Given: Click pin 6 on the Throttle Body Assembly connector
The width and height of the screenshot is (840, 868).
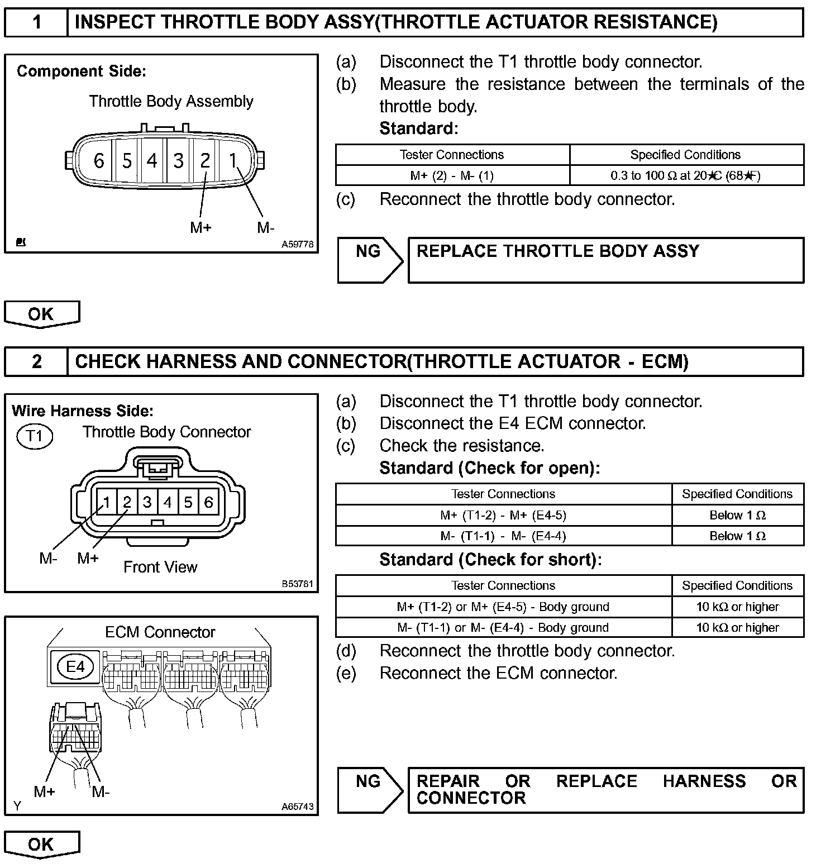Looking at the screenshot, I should click(99, 161).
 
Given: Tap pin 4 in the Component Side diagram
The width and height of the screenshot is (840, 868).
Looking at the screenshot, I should click(152, 161).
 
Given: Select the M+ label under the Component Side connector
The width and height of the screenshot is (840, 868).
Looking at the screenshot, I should click(201, 227).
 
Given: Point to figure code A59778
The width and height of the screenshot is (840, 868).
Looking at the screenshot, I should click(297, 244).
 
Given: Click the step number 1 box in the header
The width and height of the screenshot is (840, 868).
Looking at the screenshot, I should click(36, 22).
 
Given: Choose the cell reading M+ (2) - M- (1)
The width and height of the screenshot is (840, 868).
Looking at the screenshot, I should click(452, 175).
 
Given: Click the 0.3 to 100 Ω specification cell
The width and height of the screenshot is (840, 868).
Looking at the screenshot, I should click(686, 175).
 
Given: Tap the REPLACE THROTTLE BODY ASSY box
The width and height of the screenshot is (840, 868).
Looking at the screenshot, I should click(605, 260).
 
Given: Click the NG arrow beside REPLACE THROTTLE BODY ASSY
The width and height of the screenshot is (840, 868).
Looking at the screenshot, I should click(369, 260).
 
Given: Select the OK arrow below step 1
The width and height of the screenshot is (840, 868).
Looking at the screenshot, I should click(42, 314).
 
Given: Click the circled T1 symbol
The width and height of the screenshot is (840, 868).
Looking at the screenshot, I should click(35, 435).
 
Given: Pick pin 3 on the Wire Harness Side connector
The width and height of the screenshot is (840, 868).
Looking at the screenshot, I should click(147, 502).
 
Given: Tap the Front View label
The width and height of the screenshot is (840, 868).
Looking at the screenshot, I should click(160, 567).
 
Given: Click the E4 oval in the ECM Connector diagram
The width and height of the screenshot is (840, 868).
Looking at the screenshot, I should click(75, 666).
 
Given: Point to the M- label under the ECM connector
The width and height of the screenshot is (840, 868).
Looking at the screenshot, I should click(101, 791).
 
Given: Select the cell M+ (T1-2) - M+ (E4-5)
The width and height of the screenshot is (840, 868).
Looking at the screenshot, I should click(503, 515).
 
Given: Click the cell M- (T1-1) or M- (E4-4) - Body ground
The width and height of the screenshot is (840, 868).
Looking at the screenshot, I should click(503, 627).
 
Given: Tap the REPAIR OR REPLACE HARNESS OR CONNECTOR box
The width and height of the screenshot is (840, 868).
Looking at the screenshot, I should click(605, 790).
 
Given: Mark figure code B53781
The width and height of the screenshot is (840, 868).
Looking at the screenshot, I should click(297, 584).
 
